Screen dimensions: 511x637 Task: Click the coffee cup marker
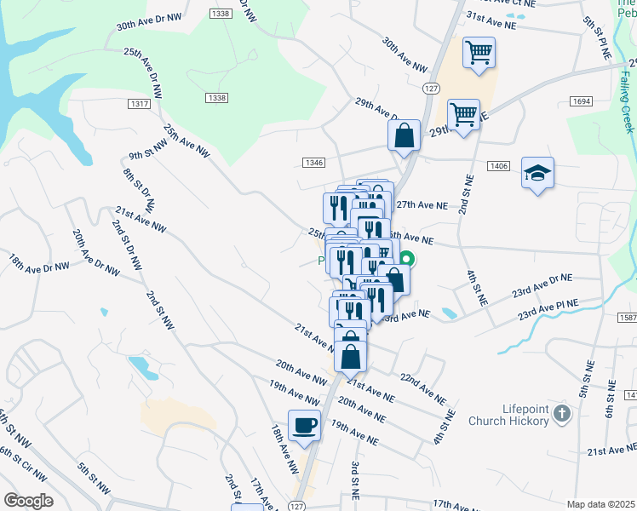(304, 425)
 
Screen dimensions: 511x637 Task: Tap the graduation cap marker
(537, 173)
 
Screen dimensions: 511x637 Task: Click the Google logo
(27, 501)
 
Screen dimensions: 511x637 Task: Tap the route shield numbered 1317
(141, 104)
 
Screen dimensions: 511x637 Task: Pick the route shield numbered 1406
(499, 166)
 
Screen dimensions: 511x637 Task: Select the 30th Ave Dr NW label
(149, 21)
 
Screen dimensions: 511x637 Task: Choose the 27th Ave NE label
(422, 205)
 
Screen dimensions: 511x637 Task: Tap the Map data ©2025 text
(600, 504)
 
